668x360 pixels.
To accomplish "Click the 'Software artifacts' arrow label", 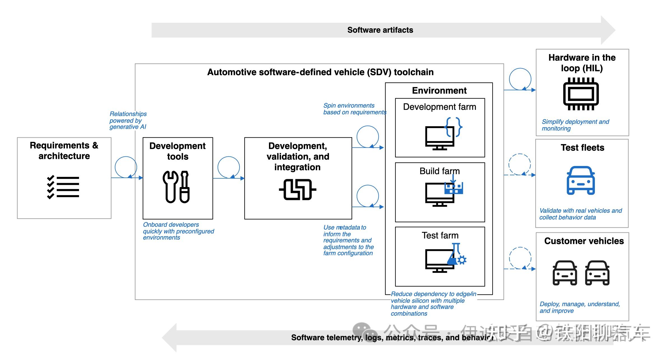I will (380, 30).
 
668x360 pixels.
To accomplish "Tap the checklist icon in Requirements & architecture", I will (63, 187).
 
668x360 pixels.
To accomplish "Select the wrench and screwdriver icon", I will (176, 187).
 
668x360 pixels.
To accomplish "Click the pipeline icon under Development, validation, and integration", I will (298, 190).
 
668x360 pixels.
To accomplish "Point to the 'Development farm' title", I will (439, 107).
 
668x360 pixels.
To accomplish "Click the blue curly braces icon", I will (454, 127).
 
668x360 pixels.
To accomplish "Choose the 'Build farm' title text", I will (439, 171).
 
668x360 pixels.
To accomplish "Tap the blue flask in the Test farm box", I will (454, 254).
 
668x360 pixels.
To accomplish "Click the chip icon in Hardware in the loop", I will (581, 94).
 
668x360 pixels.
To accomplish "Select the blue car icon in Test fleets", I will (581, 181).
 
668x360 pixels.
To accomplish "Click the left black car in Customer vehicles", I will (565, 273).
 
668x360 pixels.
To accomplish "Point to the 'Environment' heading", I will (439, 91).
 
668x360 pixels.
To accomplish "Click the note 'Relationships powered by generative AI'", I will (128, 120).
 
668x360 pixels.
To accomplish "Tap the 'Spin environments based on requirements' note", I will (354, 109).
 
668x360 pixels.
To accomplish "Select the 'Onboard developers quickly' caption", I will (178, 231).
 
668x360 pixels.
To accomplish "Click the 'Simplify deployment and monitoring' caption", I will (575, 125).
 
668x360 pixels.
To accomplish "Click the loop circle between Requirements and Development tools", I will (126, 167).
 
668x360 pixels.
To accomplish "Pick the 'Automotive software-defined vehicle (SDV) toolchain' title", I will (320, 72).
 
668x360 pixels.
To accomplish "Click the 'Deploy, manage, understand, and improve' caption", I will (579, 307).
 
